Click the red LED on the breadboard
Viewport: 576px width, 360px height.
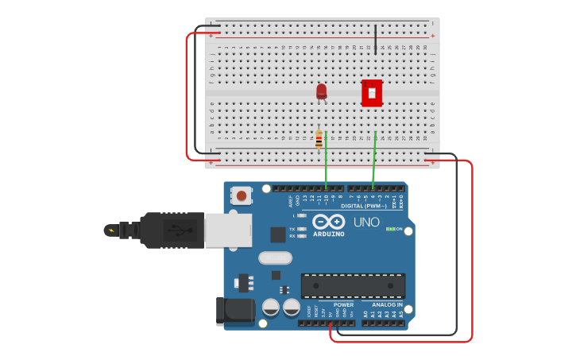[x=321, y=91]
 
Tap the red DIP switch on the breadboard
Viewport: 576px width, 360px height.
[x=372, y=93]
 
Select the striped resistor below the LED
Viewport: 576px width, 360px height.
[x=319, y=141]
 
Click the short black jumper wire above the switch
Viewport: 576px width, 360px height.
[x=376, y=39]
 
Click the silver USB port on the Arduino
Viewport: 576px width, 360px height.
[x=227, y=230]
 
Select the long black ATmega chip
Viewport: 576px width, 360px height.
[x=353, y=286]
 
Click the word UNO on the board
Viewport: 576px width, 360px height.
[x=366, y=223]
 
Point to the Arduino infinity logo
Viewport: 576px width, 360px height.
[x=328, y=222]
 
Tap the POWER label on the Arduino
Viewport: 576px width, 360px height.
[x=344, y=304]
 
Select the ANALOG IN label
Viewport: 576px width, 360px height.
[x=388, y=304]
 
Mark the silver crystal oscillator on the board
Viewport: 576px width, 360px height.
[x=275, y=257]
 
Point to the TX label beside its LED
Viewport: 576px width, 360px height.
[x=292, y=228]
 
